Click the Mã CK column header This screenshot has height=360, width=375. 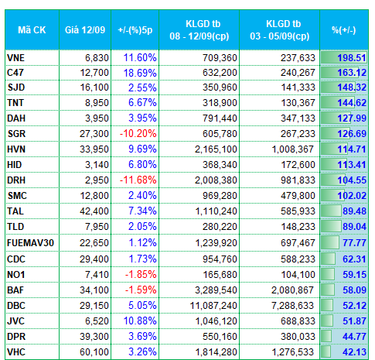pos(32,30)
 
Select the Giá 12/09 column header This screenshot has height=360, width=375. pos(85,30)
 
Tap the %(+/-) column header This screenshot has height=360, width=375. pos(344,30)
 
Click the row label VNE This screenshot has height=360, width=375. pos(15,58)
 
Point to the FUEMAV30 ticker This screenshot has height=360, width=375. pos(30,243)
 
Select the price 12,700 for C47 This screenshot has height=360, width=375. pos(94,73)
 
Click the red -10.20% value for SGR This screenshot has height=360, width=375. pos(138,134)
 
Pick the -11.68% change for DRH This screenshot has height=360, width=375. pos(138,180)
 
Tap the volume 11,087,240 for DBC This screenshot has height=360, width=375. pos(213,306)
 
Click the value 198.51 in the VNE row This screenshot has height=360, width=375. pos(352,58)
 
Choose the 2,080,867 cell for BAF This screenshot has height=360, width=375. pos(292,290)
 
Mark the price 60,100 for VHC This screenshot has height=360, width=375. pos(94,352)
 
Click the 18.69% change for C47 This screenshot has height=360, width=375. pos(140,73)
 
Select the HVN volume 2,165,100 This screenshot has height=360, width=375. pos(216,149)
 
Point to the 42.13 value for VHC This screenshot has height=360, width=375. pos(354,352)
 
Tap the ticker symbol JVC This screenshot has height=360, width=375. pos(15,321)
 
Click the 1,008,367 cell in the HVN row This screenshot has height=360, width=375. pos(293,149)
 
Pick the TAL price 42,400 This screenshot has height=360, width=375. pos(94,211)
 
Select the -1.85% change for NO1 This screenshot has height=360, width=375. pos(141,275)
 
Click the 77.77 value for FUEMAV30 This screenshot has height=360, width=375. pos(354,243)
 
